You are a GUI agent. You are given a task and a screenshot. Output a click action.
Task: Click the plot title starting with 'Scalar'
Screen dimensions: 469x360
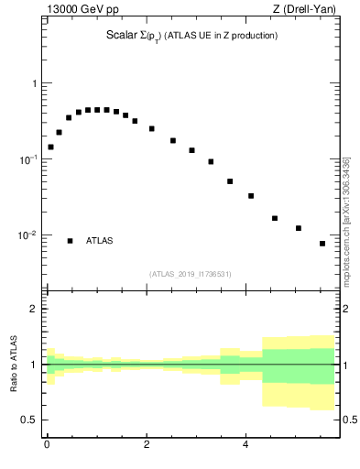click(191, 36)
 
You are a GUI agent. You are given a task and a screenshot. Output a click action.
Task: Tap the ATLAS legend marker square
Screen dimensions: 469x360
click(70, 241)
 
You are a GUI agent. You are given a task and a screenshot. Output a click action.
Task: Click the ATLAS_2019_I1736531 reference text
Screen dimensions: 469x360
click(191, 274)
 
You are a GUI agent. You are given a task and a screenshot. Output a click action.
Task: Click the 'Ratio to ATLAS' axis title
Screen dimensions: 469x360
click(14, 365)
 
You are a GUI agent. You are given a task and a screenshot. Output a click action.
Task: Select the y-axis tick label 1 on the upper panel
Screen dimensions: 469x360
click(35, 83)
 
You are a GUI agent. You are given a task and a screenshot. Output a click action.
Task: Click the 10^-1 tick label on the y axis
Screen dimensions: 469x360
click(30, 159)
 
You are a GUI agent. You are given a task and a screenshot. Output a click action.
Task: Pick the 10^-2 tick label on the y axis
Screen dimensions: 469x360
click(30, 235)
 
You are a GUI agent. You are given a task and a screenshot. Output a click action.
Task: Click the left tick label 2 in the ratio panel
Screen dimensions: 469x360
click(35, 309)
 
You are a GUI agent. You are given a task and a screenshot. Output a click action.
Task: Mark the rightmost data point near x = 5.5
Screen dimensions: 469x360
click(322, 244)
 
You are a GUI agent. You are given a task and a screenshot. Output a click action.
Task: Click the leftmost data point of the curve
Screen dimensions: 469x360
click(50, 147)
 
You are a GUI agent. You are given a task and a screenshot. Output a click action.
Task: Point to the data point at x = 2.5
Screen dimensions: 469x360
click(173, 140)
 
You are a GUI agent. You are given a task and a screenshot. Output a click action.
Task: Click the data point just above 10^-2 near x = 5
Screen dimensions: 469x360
click(299, 228)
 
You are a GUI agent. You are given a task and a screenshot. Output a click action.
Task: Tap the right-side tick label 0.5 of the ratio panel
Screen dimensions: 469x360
click(348, 420)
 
